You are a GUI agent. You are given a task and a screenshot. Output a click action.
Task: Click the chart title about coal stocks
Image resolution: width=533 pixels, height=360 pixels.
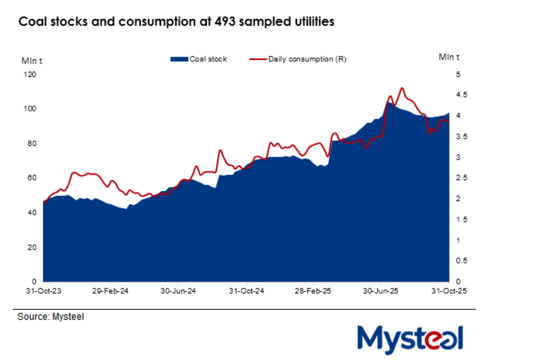click(176, 22)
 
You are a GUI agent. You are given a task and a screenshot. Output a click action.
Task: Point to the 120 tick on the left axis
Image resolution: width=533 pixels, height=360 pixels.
click(32, 75)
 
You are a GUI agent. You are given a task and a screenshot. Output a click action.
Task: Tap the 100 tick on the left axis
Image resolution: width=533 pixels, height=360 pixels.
click(32, 109)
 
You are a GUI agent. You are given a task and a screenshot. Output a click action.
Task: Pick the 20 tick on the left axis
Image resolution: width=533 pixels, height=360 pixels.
click(33, 247)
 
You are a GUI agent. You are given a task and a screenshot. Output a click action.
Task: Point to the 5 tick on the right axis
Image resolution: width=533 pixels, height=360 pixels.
click(458, 75)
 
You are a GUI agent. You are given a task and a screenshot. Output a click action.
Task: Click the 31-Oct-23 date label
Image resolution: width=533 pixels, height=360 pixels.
click(43, 291)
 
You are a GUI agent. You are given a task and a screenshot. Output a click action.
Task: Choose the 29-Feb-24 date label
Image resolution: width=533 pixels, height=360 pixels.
click(110, 291)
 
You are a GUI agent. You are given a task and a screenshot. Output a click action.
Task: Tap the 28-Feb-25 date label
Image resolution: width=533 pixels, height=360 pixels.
click(313, 291)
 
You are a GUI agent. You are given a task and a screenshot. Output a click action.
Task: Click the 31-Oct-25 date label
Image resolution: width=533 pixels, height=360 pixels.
click(448, 291)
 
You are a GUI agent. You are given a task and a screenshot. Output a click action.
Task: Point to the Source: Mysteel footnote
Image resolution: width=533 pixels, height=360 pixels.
click(51, 317)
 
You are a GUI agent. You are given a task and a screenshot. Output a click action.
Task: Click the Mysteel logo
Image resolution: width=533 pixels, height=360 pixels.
click(410, 339)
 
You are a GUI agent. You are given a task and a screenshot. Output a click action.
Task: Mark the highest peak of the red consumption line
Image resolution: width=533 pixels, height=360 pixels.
click(402, 88)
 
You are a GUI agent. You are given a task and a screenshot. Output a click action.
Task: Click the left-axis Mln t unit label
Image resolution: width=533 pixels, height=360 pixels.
click(32, 60)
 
